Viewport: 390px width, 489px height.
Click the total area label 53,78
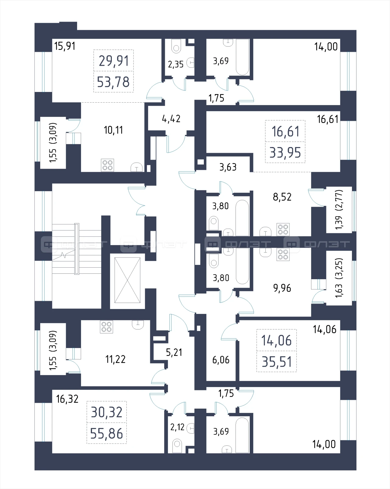coord(113,82)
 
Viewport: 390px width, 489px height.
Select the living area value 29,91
coord(114,61)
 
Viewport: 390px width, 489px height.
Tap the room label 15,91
coord(65,46)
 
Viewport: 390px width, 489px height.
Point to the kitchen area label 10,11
coord(113,130)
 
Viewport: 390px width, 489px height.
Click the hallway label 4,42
coord(171,119)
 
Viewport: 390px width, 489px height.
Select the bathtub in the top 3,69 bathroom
coord(243,57)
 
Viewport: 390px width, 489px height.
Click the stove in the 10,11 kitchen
coord(107,165)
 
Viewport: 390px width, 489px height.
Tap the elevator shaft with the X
coord(127,280)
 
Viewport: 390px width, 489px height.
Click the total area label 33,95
coord(285,153)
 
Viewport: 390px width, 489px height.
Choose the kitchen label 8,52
coord(282,197)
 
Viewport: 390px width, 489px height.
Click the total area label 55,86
coord(106,433)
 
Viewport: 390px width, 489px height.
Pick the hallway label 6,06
coord(221,360)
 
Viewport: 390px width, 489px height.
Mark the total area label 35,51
coord(277,362)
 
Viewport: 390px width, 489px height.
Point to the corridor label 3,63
coord(228,167)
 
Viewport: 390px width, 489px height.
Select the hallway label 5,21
coord(174,352)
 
